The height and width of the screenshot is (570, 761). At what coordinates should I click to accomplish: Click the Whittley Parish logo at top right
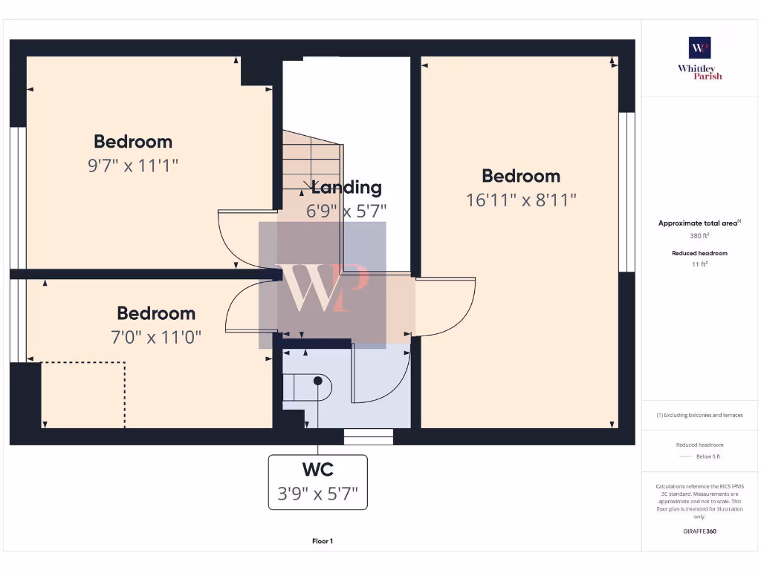pyautogui.click(x=699, y=58)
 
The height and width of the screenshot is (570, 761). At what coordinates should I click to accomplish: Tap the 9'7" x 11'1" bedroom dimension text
pyautogui.click(x=134, y=166)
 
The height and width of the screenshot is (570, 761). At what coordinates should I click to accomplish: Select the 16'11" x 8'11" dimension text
pyautogui.click(x=521, y=200)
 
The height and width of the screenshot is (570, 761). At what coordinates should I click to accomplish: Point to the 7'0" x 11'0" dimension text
pyautogui.click(x=155, y=338)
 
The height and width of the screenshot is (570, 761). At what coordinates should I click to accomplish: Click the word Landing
pyautogui.click(x=346, y=188)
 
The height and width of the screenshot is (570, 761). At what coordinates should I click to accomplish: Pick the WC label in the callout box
pyautogui.click(x=317, y=470)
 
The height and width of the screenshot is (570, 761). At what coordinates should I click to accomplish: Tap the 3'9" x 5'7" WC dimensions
pyautogui.click(x=317, y=494)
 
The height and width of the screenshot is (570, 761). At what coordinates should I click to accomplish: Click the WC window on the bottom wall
pyautogui.click(x=369, y=436)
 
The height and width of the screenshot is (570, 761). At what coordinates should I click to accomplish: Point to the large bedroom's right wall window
pyautogui.click(x=627, y=192)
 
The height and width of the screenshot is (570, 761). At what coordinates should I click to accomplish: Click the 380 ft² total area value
pyautogui.click(x=699, y=235)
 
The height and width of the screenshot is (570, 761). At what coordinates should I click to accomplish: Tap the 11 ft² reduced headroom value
pyautogui.click(x=699, y=263)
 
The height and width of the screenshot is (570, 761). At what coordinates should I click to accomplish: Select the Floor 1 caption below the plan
pyautogui.click(x=323, y=541)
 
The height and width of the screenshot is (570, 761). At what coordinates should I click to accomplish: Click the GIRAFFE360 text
pyautogui.click(x=699, y=531)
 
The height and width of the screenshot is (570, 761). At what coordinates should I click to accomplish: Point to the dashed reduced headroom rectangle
pyautogui.click(x=82, y=394)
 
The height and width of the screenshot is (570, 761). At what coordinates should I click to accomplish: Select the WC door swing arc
pyautogui.click(x=383, y=379)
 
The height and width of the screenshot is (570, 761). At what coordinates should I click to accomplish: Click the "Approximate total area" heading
pyautogui.click(x=698, y=223)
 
